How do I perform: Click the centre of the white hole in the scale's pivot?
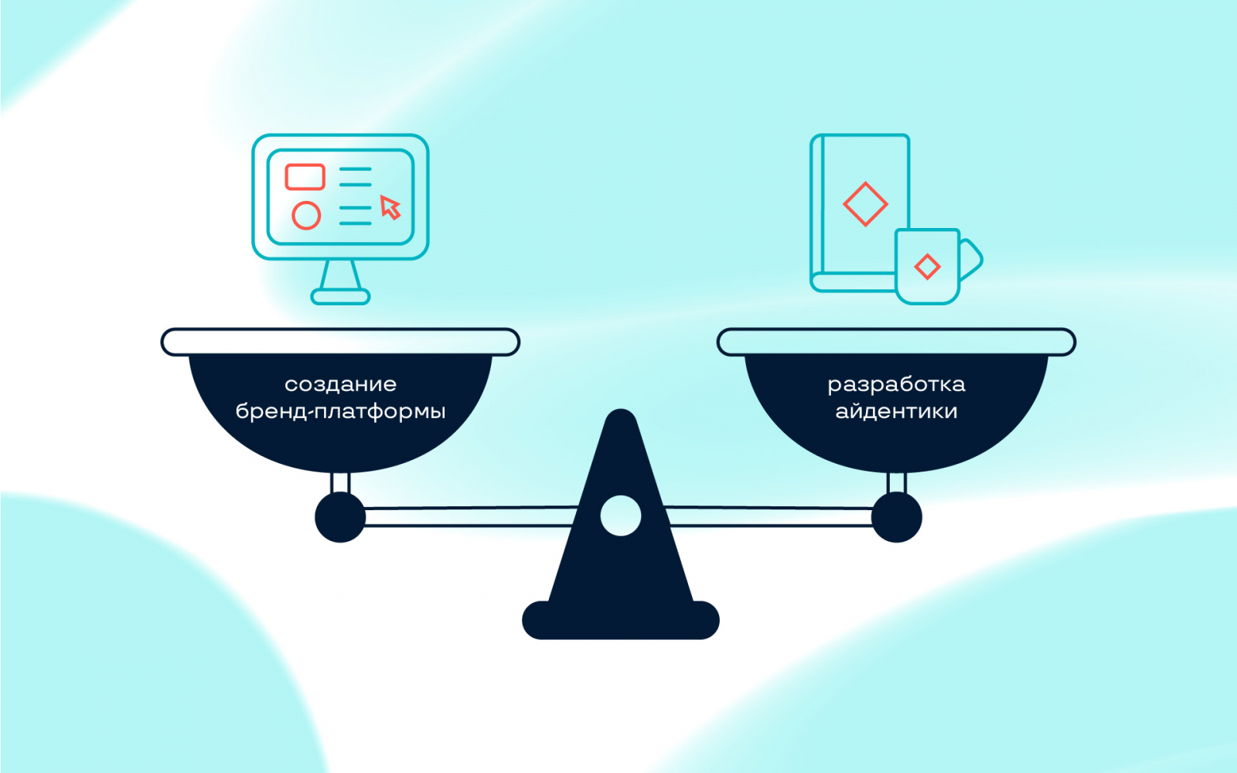(x=621, y=516)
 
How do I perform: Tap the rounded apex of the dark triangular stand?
(x=621, y=410)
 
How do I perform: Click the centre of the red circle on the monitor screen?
(x=306, y=216)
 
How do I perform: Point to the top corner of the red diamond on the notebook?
(x=865, y=182)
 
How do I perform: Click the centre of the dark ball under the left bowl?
(x=340, y=517)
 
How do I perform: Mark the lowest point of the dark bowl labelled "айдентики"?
(x=896, y=472)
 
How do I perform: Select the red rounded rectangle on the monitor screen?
(x=305, y=177)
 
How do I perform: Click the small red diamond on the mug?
(x=927, y=267)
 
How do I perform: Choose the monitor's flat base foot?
(x=340, y=297)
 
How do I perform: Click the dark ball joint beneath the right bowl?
(x=897, y=517)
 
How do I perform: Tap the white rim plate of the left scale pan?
(x=340, y=342)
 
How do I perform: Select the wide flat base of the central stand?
(x=621, y=620)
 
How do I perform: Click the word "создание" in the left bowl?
(x=341, y=384)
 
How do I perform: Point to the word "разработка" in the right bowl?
(x=896, y=385)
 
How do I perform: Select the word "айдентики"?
(x=896, y=411)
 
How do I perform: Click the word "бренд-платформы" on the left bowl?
(x=341, y=411)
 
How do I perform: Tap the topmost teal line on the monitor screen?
(x=355, y=169)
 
